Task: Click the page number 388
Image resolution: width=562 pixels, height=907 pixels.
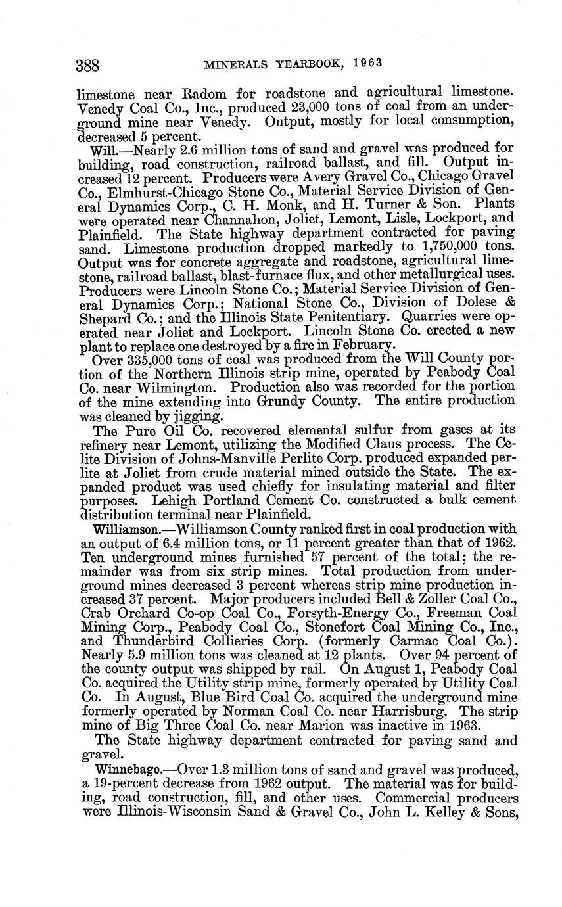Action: (x=88, y=65)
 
